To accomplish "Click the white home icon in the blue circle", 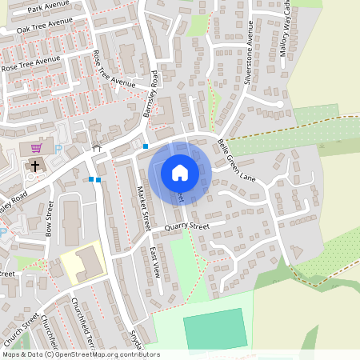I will pyautogui.click(x=180, y=173).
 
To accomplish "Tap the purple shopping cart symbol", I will pyautogui.click(x=36, y=148).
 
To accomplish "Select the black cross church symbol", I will pyautogui.click(x=35, y=166).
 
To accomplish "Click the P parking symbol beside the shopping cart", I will pyautogui.click(x=58, y=148).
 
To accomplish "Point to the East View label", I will pyautogui.click(x=157, y=262).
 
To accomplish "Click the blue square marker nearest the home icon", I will pyautogui.click(x=145, y=146).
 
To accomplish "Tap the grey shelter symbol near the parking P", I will pyautogui.click(x=97, y=147).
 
